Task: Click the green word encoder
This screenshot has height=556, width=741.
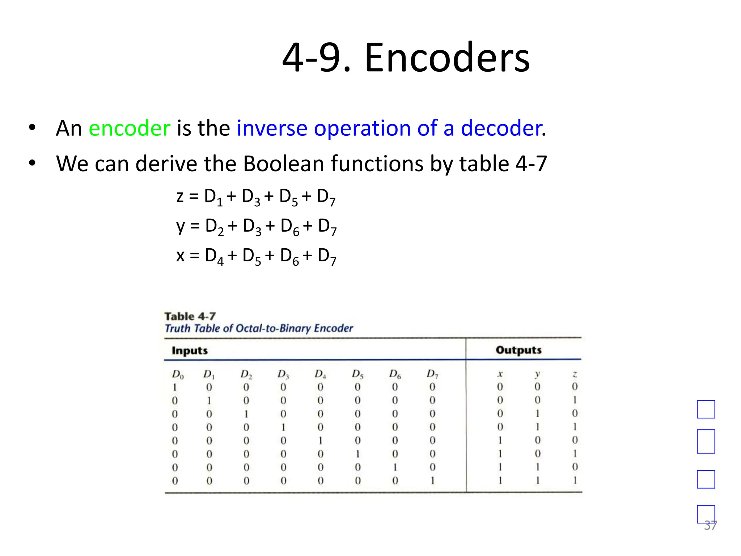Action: pos(130,128)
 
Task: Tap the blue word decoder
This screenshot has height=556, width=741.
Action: pos(502,128)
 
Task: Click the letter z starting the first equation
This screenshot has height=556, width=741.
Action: pos(180,197)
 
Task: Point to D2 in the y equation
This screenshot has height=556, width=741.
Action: pos(215,227)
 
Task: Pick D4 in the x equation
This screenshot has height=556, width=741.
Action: pos(214,256)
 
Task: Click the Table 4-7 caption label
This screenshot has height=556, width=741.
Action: pos(190,316)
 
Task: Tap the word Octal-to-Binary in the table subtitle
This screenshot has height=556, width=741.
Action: pos(273,328)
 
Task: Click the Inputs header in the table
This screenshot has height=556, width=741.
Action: pos(190,350)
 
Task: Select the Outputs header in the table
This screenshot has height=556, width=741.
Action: pos(518,350)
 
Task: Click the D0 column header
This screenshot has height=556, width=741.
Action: pos(178,374)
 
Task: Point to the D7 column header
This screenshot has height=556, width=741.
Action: pos(432,374)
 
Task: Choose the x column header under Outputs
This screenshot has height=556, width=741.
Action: pos(500,374)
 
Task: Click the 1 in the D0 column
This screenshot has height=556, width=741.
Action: pos(175,387)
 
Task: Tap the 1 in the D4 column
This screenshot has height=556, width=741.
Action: pos(321,441)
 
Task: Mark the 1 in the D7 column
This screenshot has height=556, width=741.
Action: pos(432,481)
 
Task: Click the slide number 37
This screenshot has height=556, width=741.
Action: pos(710,525)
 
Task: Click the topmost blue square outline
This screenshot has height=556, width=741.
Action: pos(706,409)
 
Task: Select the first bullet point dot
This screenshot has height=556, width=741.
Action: pos(33,127)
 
